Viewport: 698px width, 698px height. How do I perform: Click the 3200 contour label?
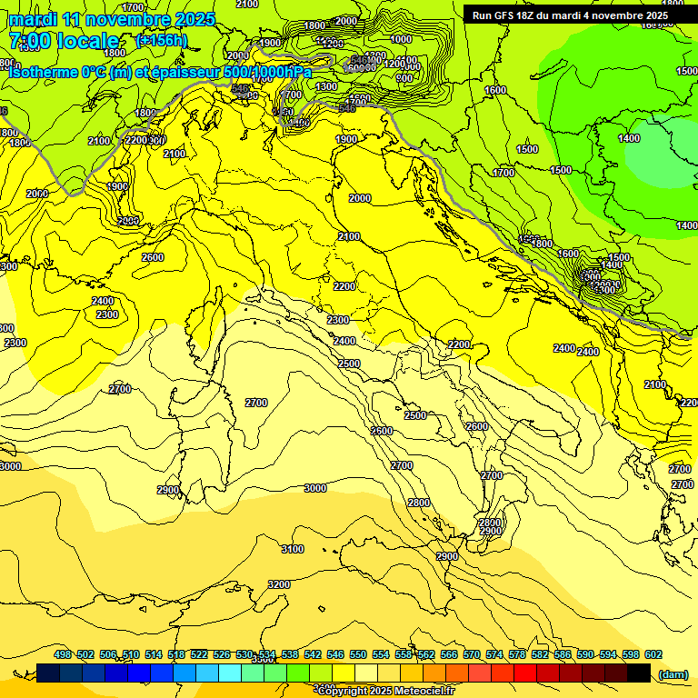coord(279,584)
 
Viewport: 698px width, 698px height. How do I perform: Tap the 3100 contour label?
coord(293,549)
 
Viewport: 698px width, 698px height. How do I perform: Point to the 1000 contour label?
coord(401,39)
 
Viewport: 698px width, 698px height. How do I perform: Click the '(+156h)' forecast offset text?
coord(162,41)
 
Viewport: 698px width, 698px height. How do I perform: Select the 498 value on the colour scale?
coord(63,654)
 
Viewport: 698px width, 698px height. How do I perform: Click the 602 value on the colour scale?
coord(653,654)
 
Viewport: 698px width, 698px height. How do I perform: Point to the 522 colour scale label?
coord(199,654)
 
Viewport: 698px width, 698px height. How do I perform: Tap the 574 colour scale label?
coord(494,654)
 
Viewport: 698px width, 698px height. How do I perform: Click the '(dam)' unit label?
coord(673,673)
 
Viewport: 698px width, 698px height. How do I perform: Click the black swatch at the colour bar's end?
coord(639,673)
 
